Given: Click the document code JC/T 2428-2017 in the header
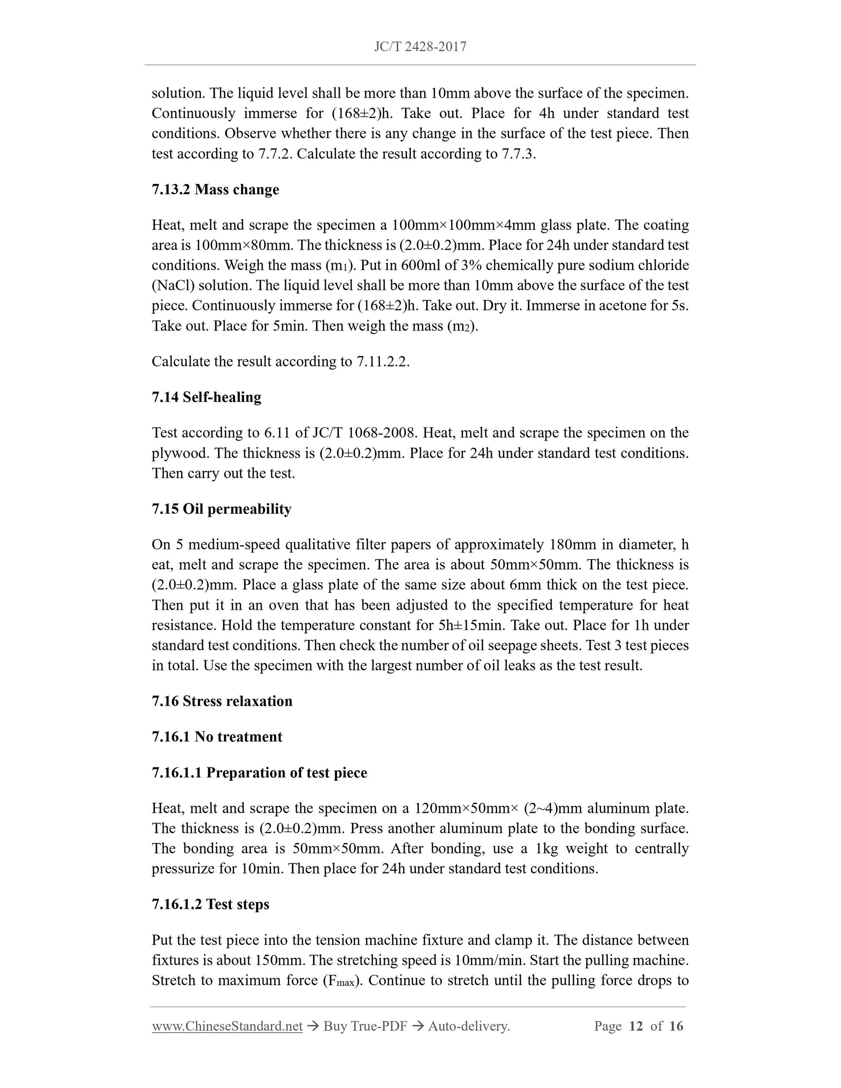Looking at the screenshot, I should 420,47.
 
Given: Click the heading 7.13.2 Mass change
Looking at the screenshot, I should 215,189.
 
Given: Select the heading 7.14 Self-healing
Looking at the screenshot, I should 206,397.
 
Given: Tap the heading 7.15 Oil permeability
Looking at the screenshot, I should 221,509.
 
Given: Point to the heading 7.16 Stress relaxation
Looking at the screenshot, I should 222,701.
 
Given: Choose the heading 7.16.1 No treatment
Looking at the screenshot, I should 217,737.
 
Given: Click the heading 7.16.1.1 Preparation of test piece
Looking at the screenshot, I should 259,773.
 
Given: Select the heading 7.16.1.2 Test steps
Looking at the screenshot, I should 210,904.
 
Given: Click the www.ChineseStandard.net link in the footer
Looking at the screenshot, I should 227,1026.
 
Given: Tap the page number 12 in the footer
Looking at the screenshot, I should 636,1026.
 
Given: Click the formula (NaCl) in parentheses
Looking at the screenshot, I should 173,286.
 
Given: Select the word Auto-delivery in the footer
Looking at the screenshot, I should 468,1026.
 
